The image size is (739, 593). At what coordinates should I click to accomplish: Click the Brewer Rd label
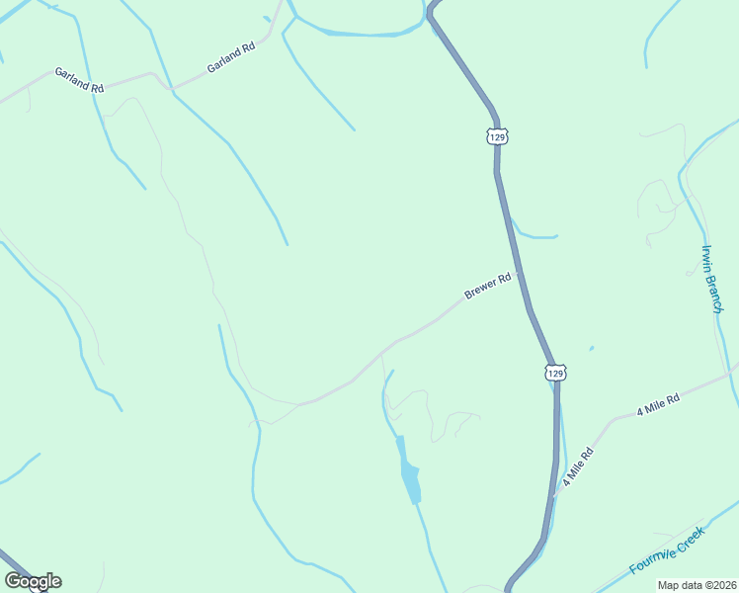(488, 287)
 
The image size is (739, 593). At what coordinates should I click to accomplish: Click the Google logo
(33, 581)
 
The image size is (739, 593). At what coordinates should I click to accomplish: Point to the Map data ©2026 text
(697, 585)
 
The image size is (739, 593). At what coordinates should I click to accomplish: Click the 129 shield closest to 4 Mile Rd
(555, 373)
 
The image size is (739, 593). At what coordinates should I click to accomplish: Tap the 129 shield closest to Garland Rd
(496, 135)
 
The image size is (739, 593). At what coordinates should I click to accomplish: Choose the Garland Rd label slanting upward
(231, 57)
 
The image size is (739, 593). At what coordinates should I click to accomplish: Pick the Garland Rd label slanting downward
(79, 80)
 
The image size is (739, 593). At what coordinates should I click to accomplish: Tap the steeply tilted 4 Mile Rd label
(578, 466)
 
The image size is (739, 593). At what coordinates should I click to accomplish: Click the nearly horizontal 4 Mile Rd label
(658, 403)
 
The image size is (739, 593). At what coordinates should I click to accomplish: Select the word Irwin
(707, 259)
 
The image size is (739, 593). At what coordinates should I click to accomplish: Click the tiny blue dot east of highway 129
(591, 348)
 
